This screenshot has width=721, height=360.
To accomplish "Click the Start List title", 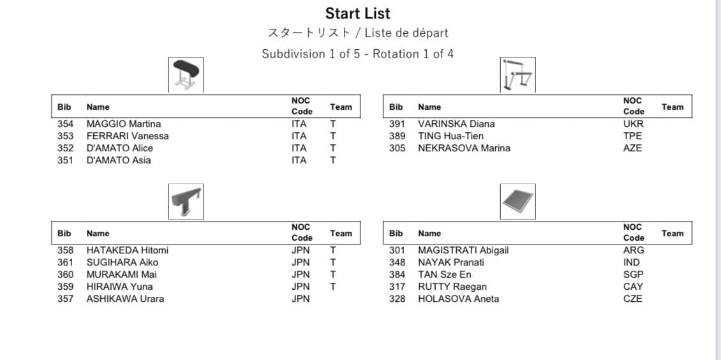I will pos(357,13).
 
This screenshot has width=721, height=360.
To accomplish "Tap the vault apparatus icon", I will pos(186,75).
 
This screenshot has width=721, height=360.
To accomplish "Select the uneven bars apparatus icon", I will pos(517,75).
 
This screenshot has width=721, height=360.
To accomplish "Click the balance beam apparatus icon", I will pos(186,201).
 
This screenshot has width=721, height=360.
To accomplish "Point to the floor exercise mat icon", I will pos(517,201).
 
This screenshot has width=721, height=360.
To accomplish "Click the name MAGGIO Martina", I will pos(123,124).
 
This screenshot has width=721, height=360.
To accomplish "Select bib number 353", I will pos(65,136).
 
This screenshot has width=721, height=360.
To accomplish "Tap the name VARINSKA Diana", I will pos(456,124).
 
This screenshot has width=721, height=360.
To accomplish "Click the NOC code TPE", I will pos(632,136).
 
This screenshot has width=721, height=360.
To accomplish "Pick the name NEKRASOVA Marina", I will pos(463,148).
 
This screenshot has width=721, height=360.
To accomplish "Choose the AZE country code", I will pos(632,148).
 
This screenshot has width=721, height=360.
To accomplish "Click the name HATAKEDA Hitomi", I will pos(127,250).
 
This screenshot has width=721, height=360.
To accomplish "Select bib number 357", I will pos(65,299).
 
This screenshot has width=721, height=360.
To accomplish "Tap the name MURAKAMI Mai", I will pos(121,274).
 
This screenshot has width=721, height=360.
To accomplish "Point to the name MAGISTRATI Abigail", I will pos(463,250).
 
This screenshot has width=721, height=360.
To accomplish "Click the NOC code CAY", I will pos(633,287).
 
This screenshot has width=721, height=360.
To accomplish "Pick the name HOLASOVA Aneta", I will pos(458,299).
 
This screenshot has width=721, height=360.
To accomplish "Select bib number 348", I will pos(397,262).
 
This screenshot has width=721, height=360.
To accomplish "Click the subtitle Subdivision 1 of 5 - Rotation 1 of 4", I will pos(357,54).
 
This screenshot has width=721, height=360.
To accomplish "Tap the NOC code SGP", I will pos(633,274).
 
